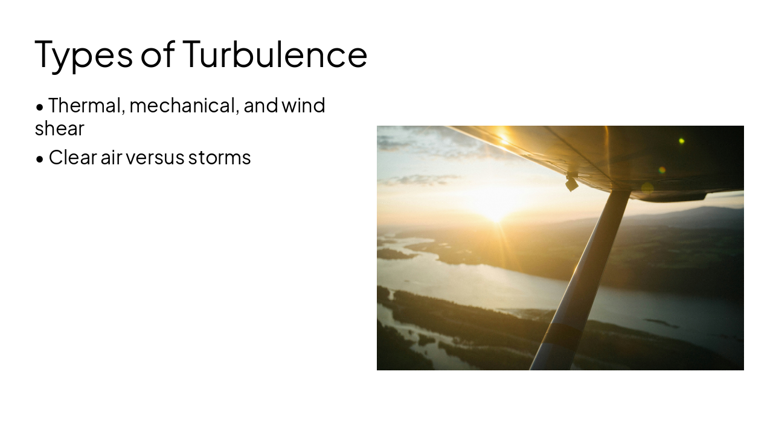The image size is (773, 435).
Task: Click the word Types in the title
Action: (84, 54)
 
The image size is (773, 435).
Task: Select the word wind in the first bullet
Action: (303, 105)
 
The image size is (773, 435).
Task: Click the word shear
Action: (59, 128)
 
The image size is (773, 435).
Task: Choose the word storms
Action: (219, 157)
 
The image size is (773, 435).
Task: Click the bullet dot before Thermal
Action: (40, 107)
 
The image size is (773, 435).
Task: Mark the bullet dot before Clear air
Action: (40, 159)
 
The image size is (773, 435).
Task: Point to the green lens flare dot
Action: (681, 141)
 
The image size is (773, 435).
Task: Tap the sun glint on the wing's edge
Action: (504, 138)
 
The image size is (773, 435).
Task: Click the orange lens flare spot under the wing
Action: (662, 170)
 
